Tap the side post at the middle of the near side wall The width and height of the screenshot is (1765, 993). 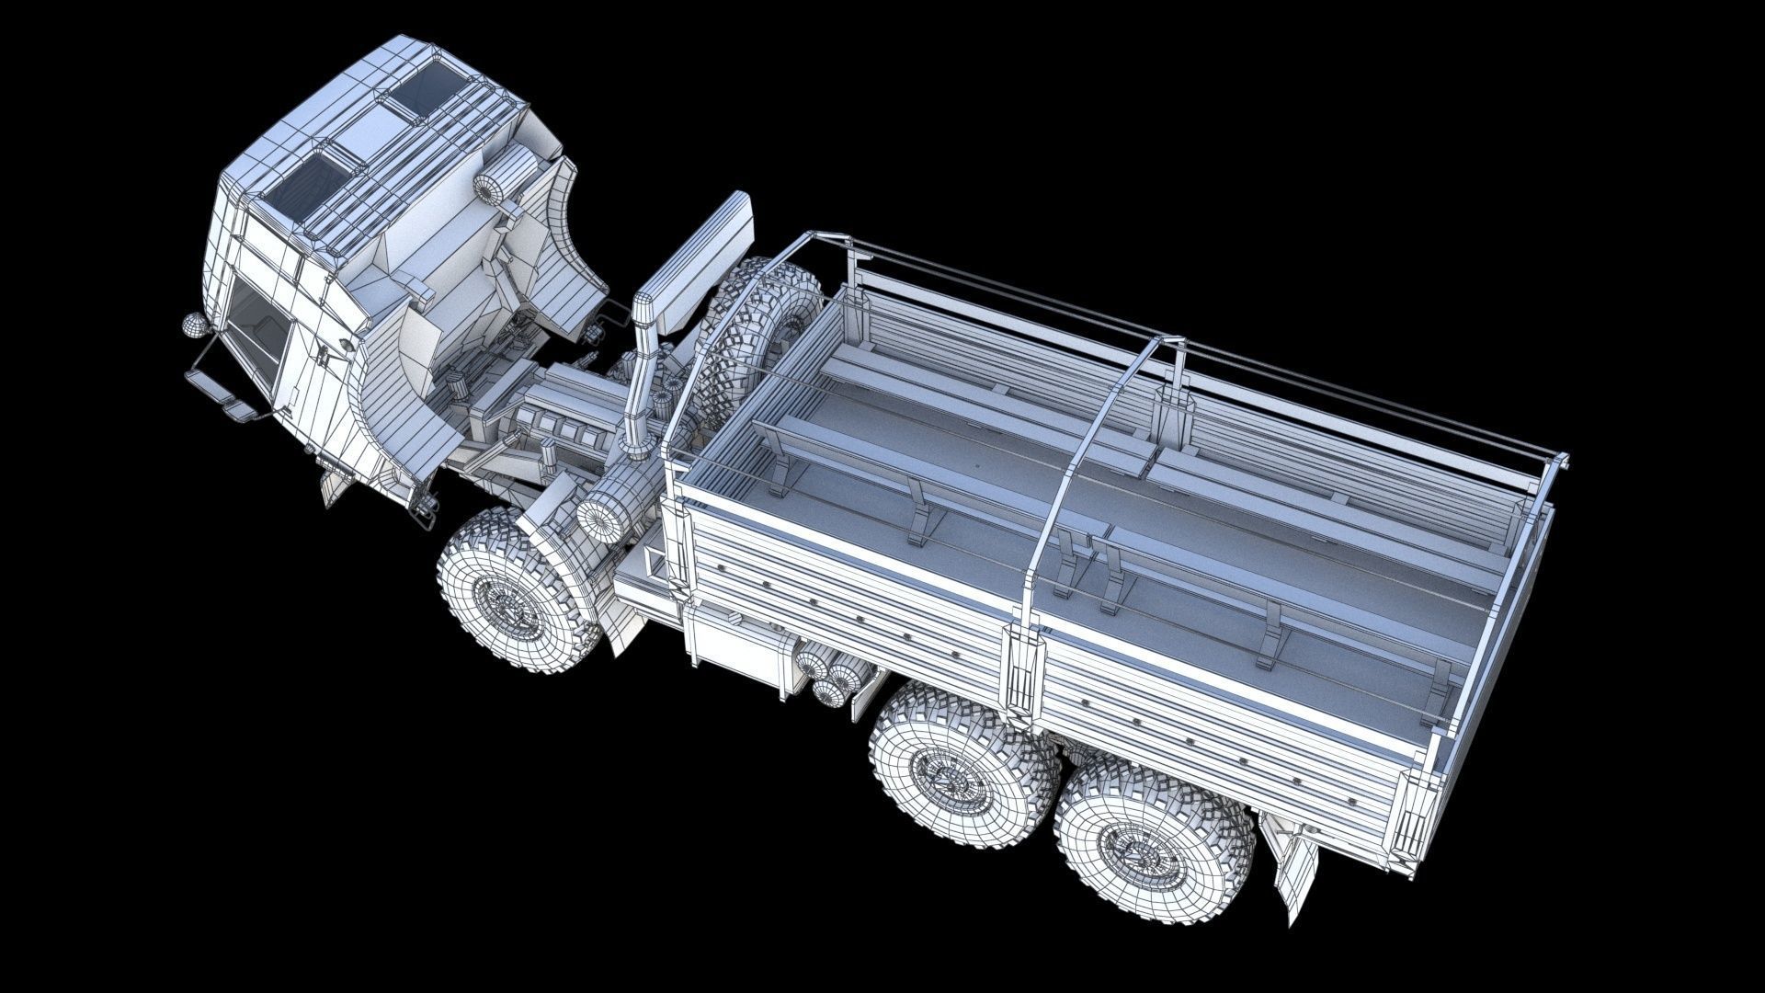pos(1024,671)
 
